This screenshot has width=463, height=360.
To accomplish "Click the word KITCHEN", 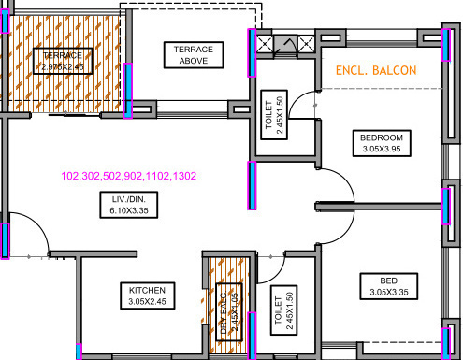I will pos(148,290).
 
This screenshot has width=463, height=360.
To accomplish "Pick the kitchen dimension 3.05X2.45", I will pos(148,302).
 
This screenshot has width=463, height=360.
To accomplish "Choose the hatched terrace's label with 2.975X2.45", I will pos(63,61).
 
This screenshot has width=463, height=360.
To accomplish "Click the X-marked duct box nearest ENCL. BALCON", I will pos(307,42).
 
